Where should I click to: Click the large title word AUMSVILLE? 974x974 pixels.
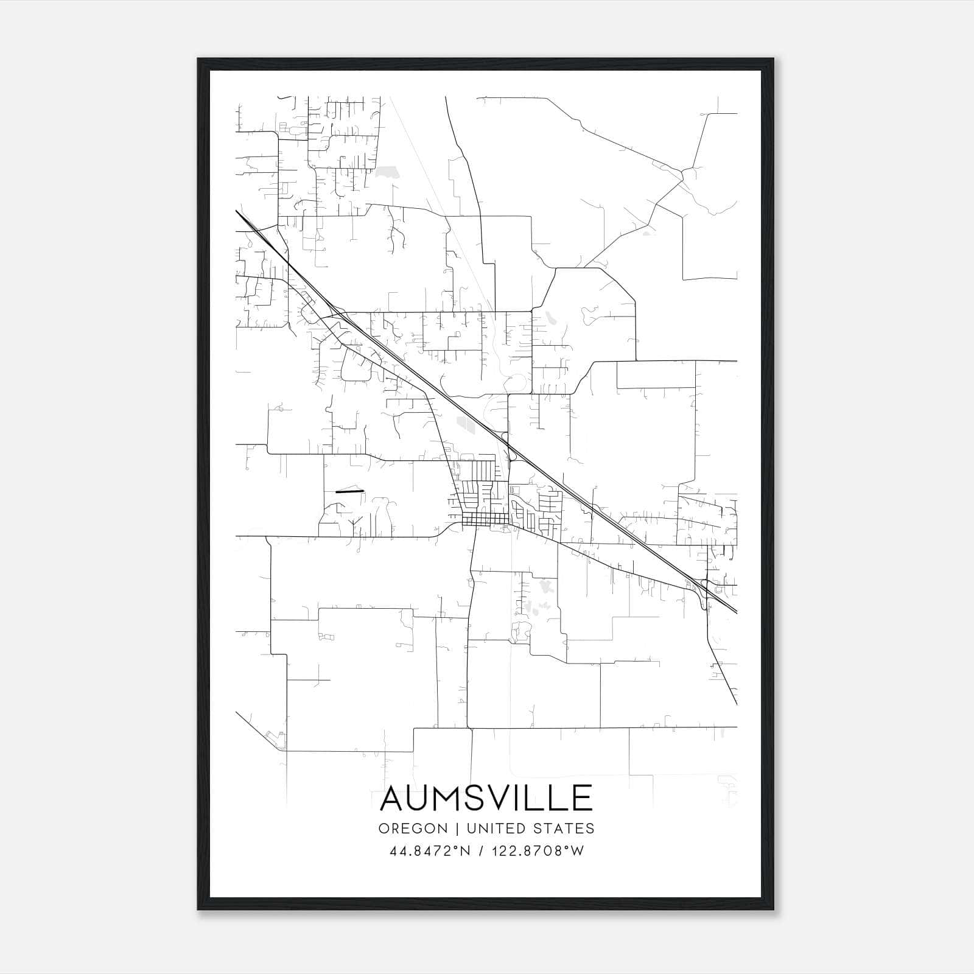pyautogui.click(x=486, y=798)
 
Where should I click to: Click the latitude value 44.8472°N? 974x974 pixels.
pyautogui.click(x=431, y=851)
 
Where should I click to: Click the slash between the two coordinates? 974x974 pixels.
pyautogui.click(x=481, y=851)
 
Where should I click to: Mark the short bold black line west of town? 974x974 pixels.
pyautogui.click(x=349, y=491)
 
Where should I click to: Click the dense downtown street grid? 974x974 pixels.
pyautogui.click(x=485, y=519)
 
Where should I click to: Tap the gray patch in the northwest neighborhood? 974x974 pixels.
pyautogui.click(x=385, y=173)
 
